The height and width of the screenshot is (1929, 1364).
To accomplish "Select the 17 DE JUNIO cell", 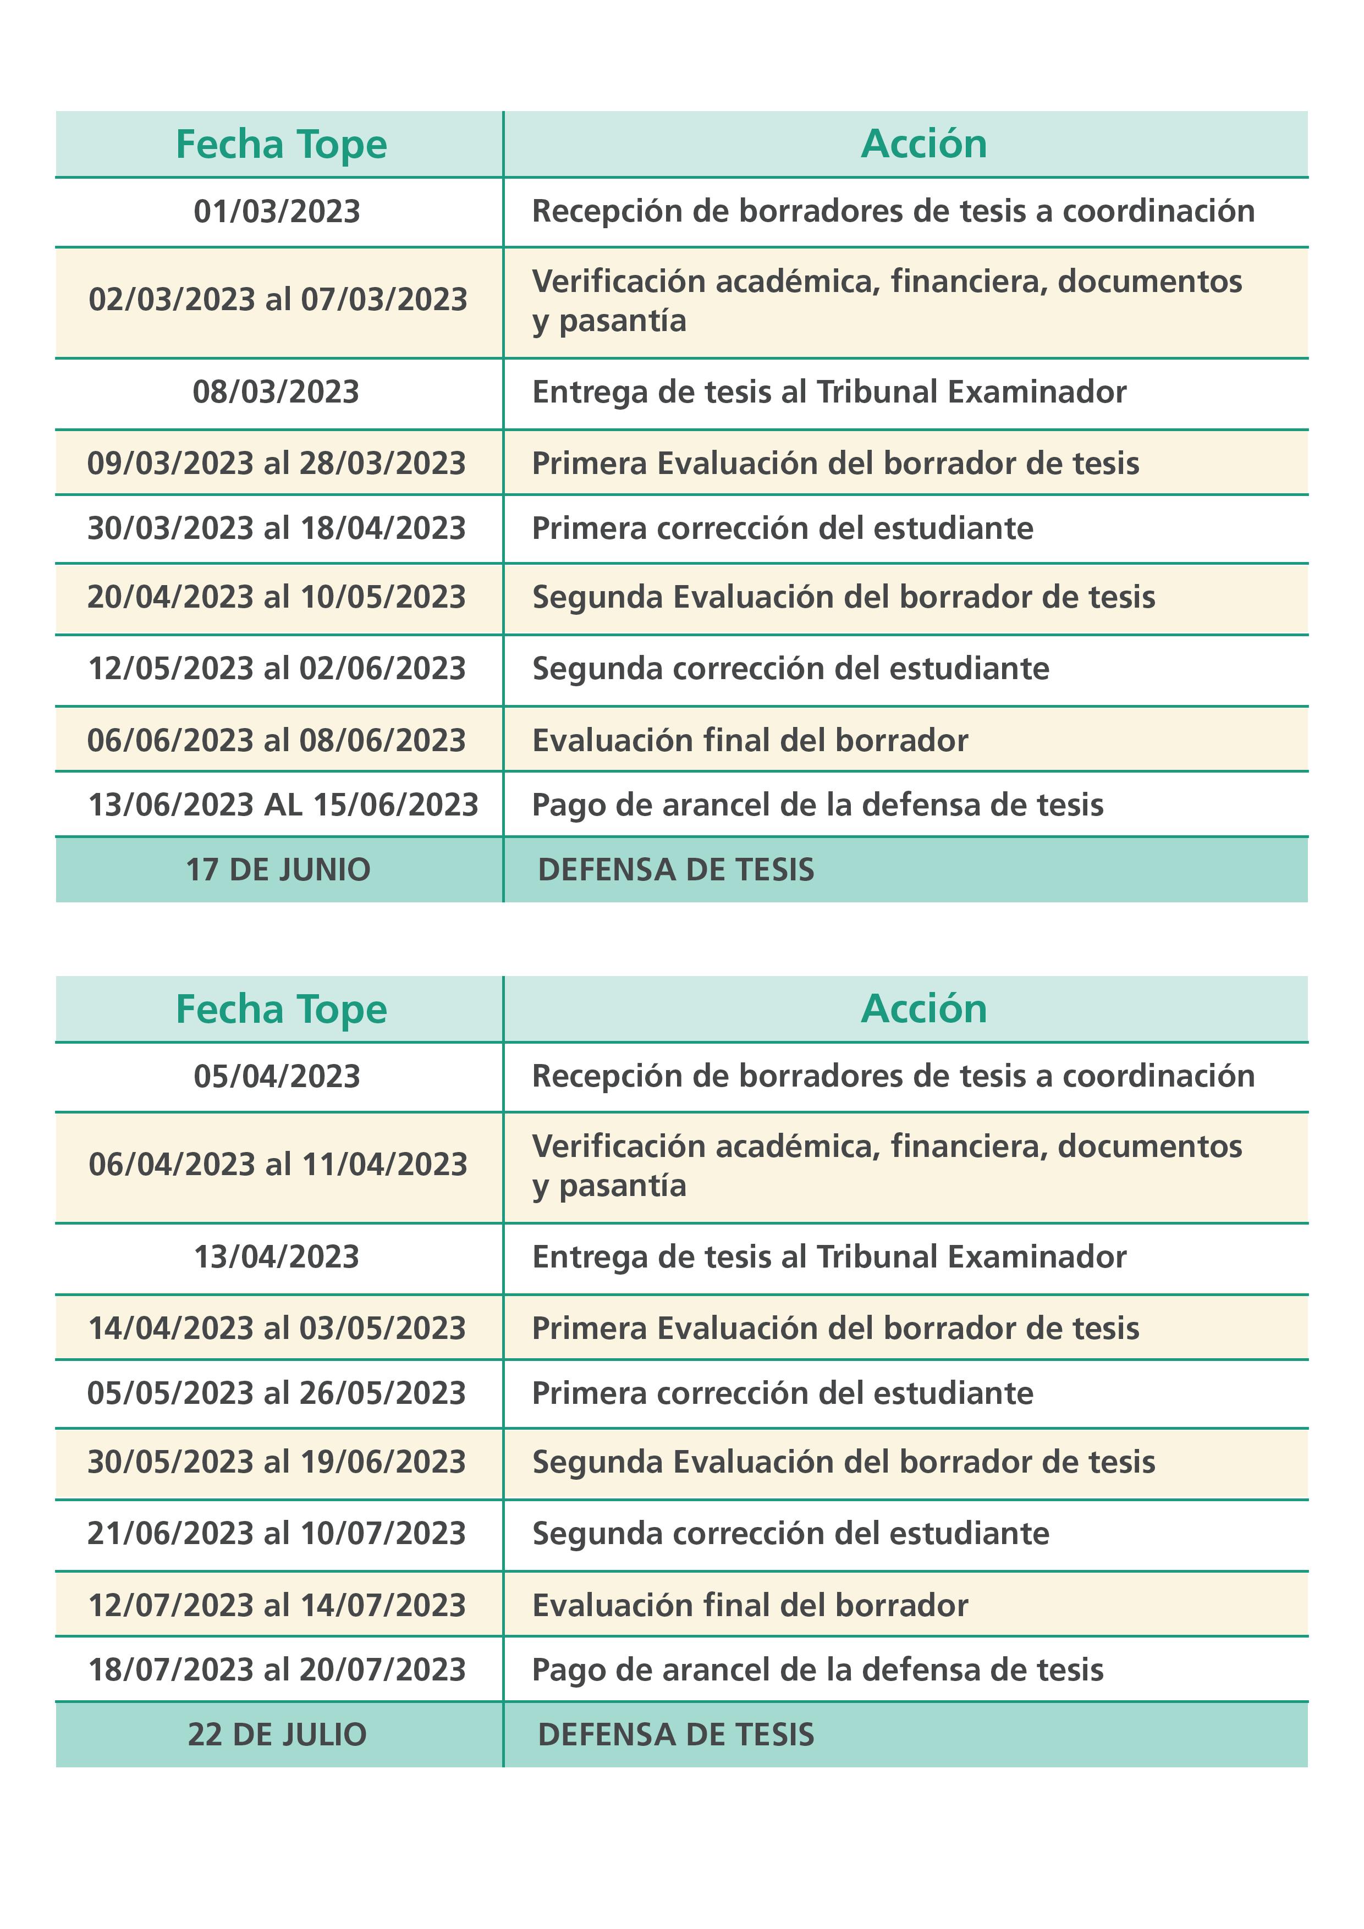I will click(x=277, y=869).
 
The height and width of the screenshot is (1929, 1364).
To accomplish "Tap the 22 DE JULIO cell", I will click(x=277, y=1734).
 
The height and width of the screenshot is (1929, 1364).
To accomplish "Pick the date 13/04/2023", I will click(x=277, y=1257).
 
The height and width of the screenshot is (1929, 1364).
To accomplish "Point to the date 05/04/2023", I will click(x=277, y=1076).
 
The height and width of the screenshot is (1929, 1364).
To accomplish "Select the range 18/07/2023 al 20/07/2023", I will click(x=277, y=1669).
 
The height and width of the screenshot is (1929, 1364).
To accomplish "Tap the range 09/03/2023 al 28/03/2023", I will click(x=277, y=463).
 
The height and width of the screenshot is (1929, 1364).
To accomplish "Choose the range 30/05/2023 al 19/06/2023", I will click(x=277, y=1462).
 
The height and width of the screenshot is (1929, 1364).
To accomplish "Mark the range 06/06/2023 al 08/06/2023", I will click(x=277, y=740).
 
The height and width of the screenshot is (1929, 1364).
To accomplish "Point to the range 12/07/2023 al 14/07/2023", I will click(x=277, y=1605).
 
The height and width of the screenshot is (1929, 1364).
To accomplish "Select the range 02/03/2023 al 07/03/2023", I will click(x=277, y=300).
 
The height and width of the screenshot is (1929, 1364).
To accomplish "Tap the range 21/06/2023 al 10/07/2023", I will click(x=277, y=1533).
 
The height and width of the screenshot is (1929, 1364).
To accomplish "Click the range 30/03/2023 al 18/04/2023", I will click(x=277, y=528).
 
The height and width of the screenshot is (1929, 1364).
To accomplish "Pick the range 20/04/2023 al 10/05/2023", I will click(x=277, y=597).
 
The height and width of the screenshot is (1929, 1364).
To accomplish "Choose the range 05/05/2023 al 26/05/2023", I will click(x=277, y=1393).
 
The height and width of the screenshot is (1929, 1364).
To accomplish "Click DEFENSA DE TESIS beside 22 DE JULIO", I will click(x=676, y=1734).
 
